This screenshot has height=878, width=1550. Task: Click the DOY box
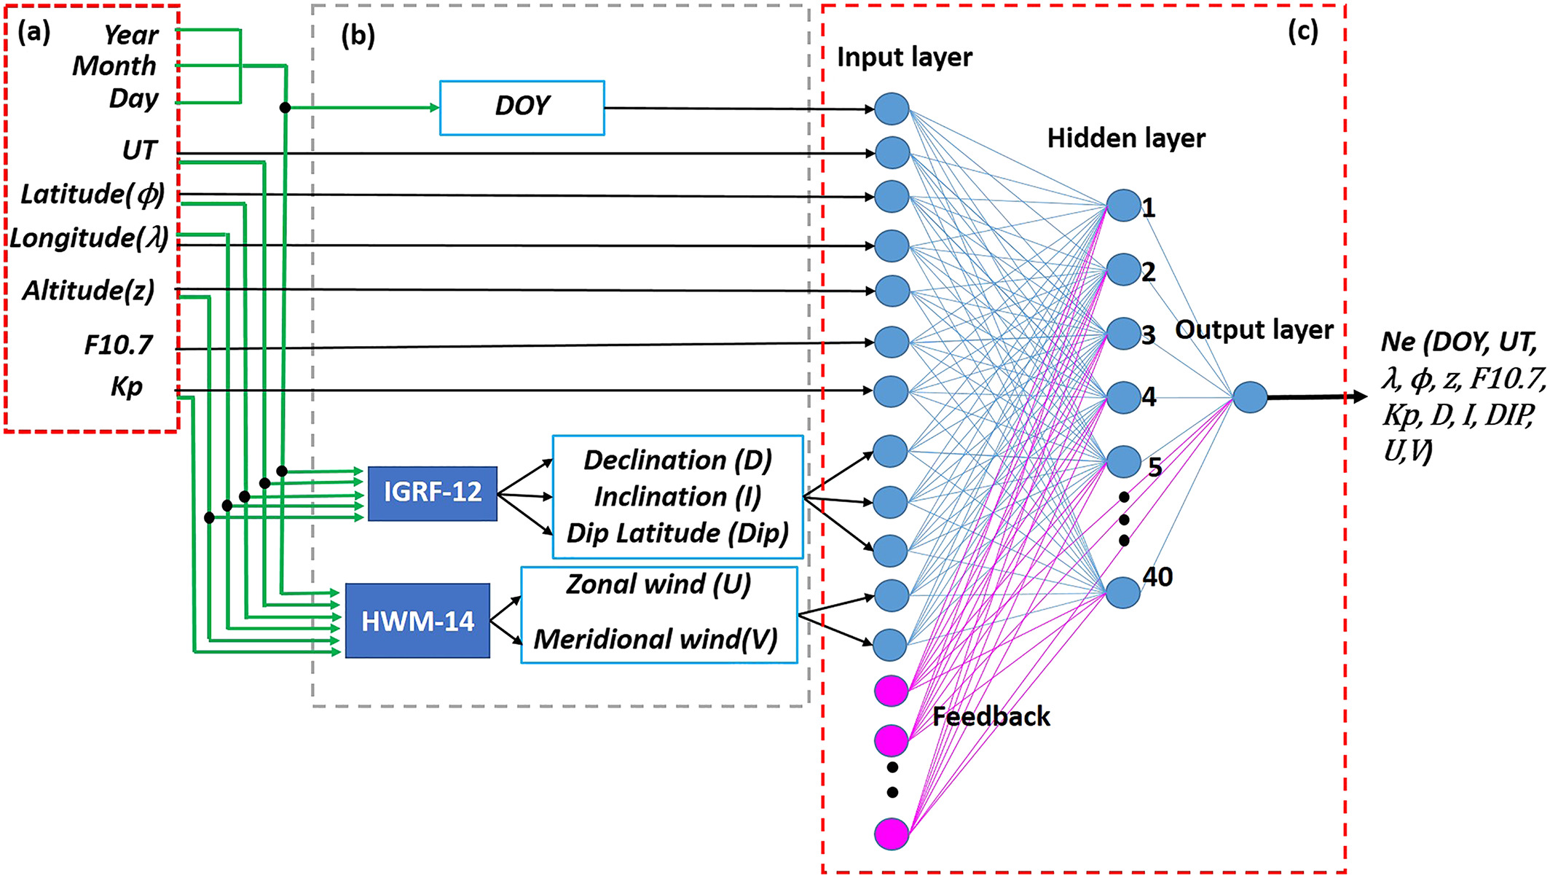(x=522, y=108)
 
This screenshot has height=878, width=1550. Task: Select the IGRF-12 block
(x=433, y=493)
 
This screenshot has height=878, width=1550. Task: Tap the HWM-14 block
(x=417, y=621)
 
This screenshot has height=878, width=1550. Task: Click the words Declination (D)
(x=677, y=460)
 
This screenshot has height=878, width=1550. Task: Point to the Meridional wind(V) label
(x=656, y=640)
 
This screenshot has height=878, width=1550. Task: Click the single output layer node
(x=1250, y=398)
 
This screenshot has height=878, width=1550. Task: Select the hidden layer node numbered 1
(x=1123, y=205)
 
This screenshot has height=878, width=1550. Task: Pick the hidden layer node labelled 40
(x=1123, y=592)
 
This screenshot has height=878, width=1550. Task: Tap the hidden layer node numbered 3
(x=1123, y=333)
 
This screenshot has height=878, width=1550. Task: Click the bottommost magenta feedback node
(x=892, y=834)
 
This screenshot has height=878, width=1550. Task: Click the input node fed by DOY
(x=892, y=109)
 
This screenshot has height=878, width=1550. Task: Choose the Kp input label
(x=127, y=386)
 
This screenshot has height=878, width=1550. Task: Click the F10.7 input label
(x=118, y=345)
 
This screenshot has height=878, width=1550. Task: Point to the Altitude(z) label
(x=88, y=290)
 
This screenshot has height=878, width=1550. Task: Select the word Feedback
(x=991, y=717)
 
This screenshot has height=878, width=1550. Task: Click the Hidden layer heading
(x=1126, y=138)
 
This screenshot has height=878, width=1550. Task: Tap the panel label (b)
(x=358, y=35)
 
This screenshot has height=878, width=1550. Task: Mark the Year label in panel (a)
(x=130, y=34)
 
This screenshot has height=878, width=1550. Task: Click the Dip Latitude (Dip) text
(x=677, y=533)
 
